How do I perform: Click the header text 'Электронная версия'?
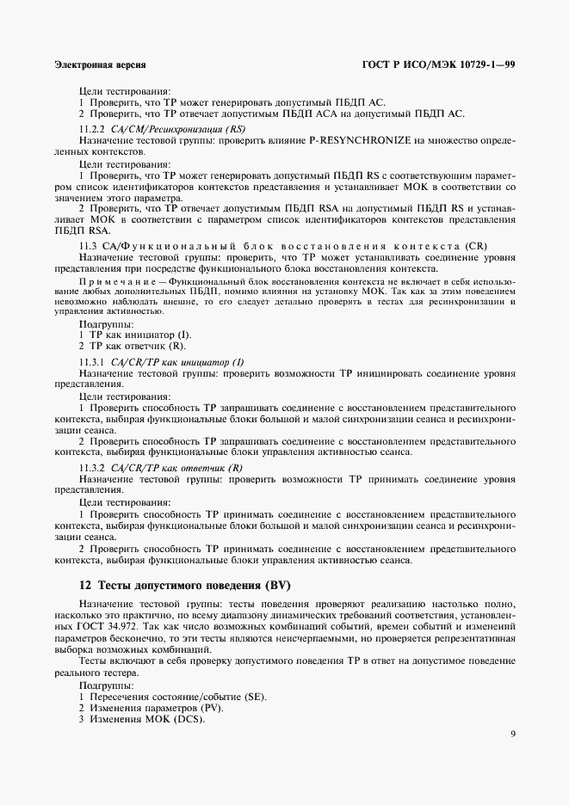click(x=99, y=65)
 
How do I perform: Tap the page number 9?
click(x=512, y=734)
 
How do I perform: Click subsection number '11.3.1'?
click(x=92, y=362)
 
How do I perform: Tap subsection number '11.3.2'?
click(x=92, y=465)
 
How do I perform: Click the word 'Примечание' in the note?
click(x=121, y=282)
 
